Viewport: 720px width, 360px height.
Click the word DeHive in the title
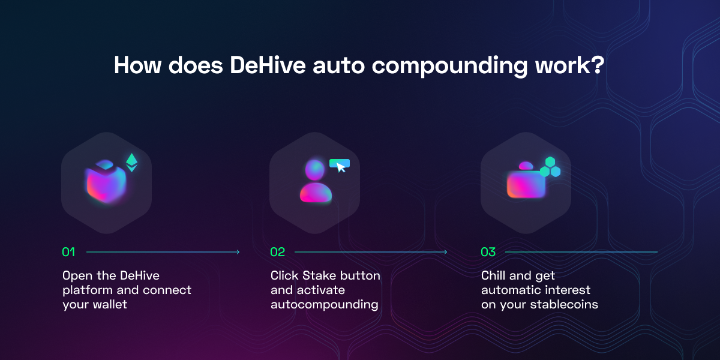click(x=268, y=65)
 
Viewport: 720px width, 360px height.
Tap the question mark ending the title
click(x=597, y=65)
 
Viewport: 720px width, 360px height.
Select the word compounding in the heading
click(x=449, y=67)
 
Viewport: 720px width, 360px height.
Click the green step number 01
click(x=68, y=252)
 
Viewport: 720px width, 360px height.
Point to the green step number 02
click(x=277, y=252)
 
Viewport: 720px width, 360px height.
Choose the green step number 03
click(x=488, y=252)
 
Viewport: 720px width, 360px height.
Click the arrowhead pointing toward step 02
click(x=238, y=252)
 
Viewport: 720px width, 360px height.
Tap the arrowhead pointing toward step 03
click(x=445, y=252)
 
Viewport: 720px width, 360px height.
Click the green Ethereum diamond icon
click(x=131, y=163)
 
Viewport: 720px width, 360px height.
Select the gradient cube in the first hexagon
click(x=106, y=182)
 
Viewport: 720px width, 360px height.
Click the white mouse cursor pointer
click(x=341, y=167)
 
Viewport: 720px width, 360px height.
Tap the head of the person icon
click(x=314, y=170)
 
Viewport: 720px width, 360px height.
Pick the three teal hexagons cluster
click(x=550, y=167)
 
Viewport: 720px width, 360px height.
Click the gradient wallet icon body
click(x=526, y=184)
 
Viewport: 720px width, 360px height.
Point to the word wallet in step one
click(x=110, y=304)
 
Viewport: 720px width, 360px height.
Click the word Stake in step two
click(x=319, y=275)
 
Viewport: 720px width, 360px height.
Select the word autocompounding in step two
click(x=325, y=305)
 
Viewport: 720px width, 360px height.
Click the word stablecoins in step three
click(x=564, y=304)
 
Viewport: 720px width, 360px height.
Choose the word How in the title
click(x=137, y=65)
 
